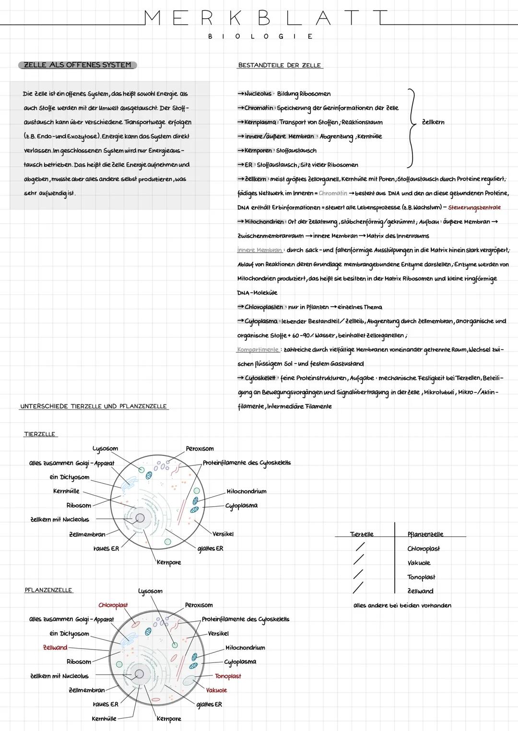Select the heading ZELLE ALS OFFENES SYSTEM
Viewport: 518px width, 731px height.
[77, 65]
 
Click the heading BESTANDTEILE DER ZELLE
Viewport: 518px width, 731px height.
[280, 65]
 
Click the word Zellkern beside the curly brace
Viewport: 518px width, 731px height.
[433, 122]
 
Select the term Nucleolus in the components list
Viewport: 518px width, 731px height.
[258, 94]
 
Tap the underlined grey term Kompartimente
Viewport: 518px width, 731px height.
[258, 349]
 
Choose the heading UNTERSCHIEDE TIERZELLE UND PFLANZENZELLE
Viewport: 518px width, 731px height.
[94, 406]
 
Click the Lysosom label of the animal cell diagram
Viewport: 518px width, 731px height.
[105, 449]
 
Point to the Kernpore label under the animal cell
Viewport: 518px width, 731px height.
[168, 562]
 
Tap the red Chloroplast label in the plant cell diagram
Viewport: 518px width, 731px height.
[113, 605]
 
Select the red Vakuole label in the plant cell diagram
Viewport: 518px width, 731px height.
[216, 690]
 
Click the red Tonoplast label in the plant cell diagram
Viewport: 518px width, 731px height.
[228, 676]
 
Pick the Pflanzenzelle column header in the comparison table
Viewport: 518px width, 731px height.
[425, 534]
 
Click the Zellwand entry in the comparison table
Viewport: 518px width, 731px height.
[420, 591]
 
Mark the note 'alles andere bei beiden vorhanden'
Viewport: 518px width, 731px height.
[402, 605]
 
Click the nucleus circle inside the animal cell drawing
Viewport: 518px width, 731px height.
[140, 518]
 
